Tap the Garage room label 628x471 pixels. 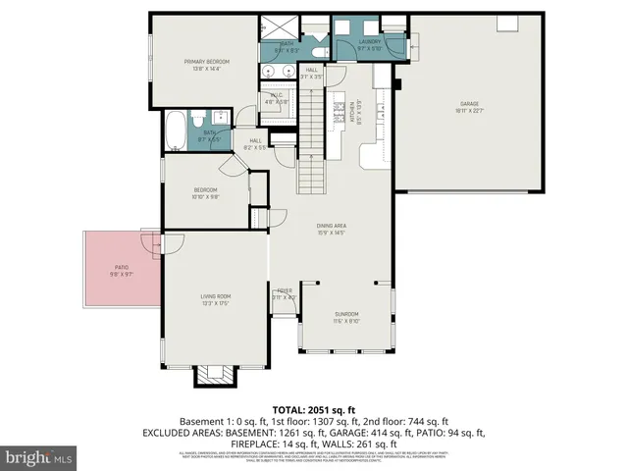pyautogui.click(x=471, y=106)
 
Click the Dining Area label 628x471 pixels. pyautogui.click(x=331, y=230)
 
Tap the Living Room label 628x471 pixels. pyautogui.click(x=216, y=299)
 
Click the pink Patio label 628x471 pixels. pyautogui.click(x=122, y=270)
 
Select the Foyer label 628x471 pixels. pyautogui.click(x=285, y=294)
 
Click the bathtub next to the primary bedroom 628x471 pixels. pyautogui.click(x=176, y=131)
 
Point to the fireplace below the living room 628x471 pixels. pyautogui.click(x=214, y=375)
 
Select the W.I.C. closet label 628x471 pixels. pyautogui.click(x=278, y=99)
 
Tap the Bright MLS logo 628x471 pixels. pyautogui.click(x=39, y=457)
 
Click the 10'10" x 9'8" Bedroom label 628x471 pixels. pyautogui.click(x=205, y=193)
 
